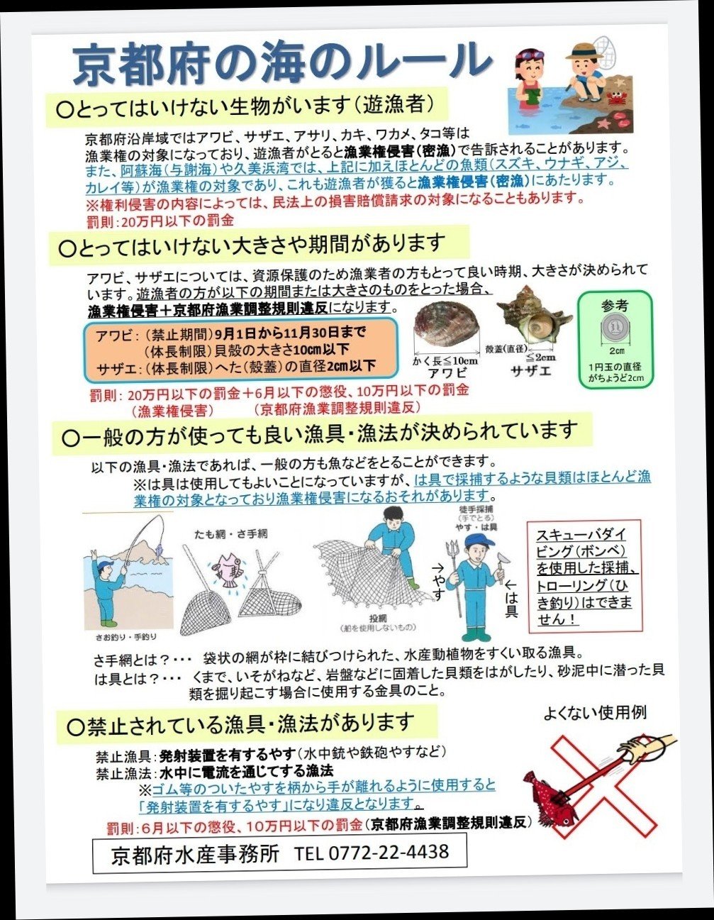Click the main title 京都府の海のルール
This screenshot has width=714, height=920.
pos(281,64)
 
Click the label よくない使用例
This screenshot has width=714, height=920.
pos(595,713)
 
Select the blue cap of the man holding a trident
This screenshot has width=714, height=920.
pos(480,541)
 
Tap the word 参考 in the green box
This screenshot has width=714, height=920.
pos(615,306)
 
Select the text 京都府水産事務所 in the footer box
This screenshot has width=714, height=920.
pos(195,853)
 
